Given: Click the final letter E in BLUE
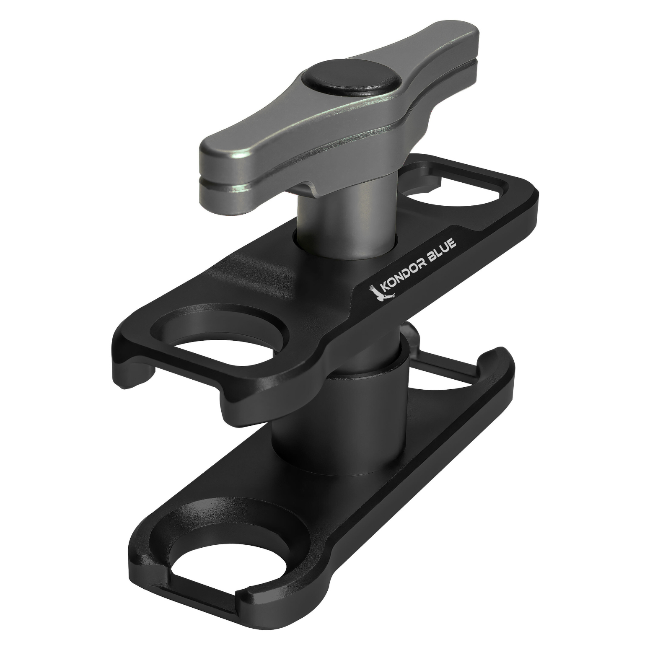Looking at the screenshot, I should pos(459,238).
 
